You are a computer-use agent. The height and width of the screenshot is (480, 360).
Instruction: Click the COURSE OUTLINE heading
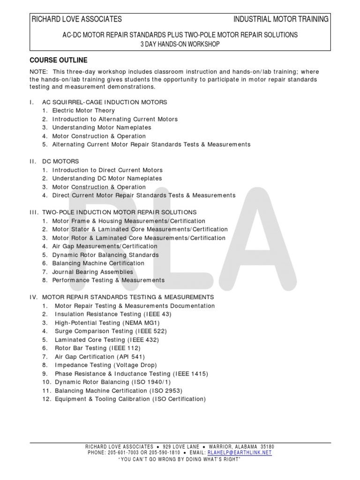coord(59,60)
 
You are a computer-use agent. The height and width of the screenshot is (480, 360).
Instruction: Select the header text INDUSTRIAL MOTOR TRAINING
coord(281,19)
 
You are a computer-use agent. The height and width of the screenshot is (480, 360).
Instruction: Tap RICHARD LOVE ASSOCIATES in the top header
coord(76,19)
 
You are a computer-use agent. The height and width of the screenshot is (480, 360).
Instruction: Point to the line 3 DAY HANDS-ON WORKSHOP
coord(180,44)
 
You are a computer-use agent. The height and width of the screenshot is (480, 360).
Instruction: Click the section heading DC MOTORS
coord(60,161)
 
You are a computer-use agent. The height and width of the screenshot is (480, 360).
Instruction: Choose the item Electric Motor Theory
coord(83,111)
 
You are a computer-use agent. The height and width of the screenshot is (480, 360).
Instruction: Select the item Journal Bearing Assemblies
coord(92,272)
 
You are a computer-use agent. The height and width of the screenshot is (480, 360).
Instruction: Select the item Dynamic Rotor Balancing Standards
coord(105,255)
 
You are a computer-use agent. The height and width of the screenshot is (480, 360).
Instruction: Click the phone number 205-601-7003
coord(124,453)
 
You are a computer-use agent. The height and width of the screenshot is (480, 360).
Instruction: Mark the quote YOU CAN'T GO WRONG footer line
coord(180,459)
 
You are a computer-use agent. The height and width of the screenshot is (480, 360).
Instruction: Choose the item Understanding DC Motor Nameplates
coord(107,179)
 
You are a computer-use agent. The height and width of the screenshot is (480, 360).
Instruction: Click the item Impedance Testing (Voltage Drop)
coord(105,365)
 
